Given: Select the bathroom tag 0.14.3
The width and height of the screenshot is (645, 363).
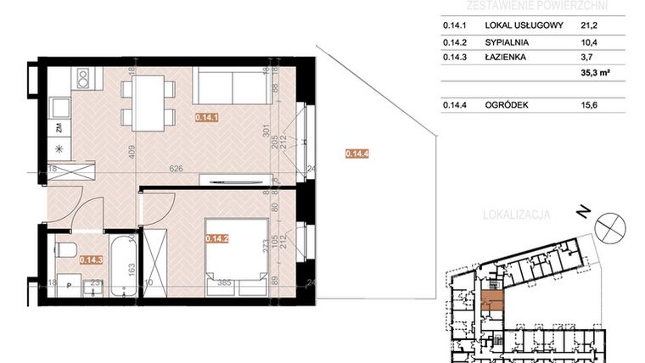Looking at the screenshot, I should [x=90, y=261].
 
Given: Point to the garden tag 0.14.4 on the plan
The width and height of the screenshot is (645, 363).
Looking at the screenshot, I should [x=356, y=154].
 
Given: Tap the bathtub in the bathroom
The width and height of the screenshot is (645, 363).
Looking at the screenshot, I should [x=124, y=264].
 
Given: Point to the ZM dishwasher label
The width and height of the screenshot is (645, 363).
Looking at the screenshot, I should [x=59, y=128].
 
